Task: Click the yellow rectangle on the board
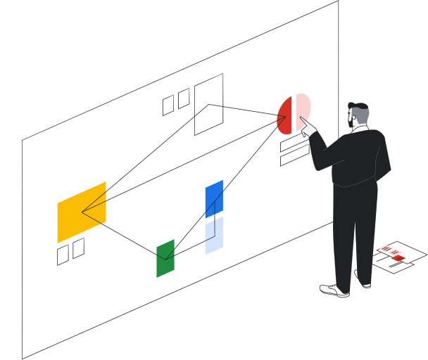(x=82, y=212)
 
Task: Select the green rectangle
(x=165, y=258)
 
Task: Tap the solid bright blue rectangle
(x=214, y=199)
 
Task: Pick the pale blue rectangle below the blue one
(x=214, y=236)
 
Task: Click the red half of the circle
(x=285, y=116)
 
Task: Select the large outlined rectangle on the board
(x=208, y=104)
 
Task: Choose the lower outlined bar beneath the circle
(x=294, y=157)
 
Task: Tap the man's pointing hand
(x=307, y=127)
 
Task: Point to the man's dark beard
(x=353, y=125)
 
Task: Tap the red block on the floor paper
(x=398, y=258)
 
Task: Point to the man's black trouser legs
(x=352, y=232)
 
